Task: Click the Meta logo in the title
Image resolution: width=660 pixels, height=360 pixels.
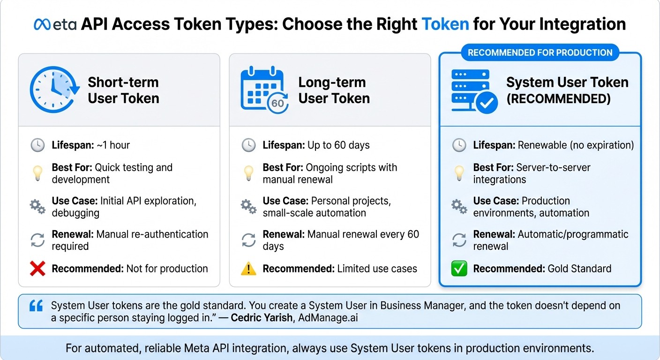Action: click(x=55, y=24)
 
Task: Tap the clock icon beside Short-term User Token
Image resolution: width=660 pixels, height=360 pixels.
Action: click(x=52, y=90)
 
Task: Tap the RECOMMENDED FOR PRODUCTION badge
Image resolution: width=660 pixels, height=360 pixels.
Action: click(x=540, y=52)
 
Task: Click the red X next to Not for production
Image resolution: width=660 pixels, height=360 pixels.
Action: click(x=37, y=269)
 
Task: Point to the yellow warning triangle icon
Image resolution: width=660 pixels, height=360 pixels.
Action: click(x=248, y=269)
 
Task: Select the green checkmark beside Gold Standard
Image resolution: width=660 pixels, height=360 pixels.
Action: click(x=459, y=269)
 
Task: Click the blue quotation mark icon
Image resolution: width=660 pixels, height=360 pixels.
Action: click(x=36, y=306)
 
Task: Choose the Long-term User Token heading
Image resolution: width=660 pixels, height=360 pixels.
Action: click(x=334, y=90)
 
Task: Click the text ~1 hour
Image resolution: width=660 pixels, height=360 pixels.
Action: click(x=113, y=145)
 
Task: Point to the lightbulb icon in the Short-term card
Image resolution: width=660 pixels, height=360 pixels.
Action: click(x=37, y=173)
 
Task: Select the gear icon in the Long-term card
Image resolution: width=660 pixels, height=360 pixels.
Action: click(x=248, y=207)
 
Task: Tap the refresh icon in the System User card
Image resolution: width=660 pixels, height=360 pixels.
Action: click(x=459, y=240)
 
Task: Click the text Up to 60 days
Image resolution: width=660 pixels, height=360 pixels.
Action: click(x=338, y=145)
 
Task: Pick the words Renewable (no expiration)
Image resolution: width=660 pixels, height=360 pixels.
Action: click(x=576, y=145)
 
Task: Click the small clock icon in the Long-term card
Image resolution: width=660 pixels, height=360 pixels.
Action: click(x=248, y=145)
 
